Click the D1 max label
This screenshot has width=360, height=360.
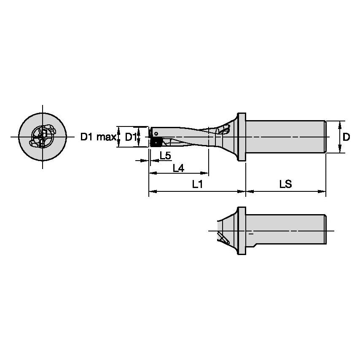(x=98, y=137)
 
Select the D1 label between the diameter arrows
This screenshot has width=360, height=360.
(x=131, y=137)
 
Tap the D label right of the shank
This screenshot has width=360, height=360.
(x=346, y=137)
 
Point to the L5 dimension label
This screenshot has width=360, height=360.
(x=165, y=156)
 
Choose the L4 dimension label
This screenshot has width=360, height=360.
(x=178, y=168)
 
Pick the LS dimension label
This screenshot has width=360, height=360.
(x=285, y=184)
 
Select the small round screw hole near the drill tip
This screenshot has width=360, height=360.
(x=156, y=133)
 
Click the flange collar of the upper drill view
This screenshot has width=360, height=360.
(x=242, y=137)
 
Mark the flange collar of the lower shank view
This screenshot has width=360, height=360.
(x=242, y=231)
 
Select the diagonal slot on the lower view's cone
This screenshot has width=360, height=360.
(x=223, y=238)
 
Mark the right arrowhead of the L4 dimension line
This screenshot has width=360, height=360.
(x=206, y=173)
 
